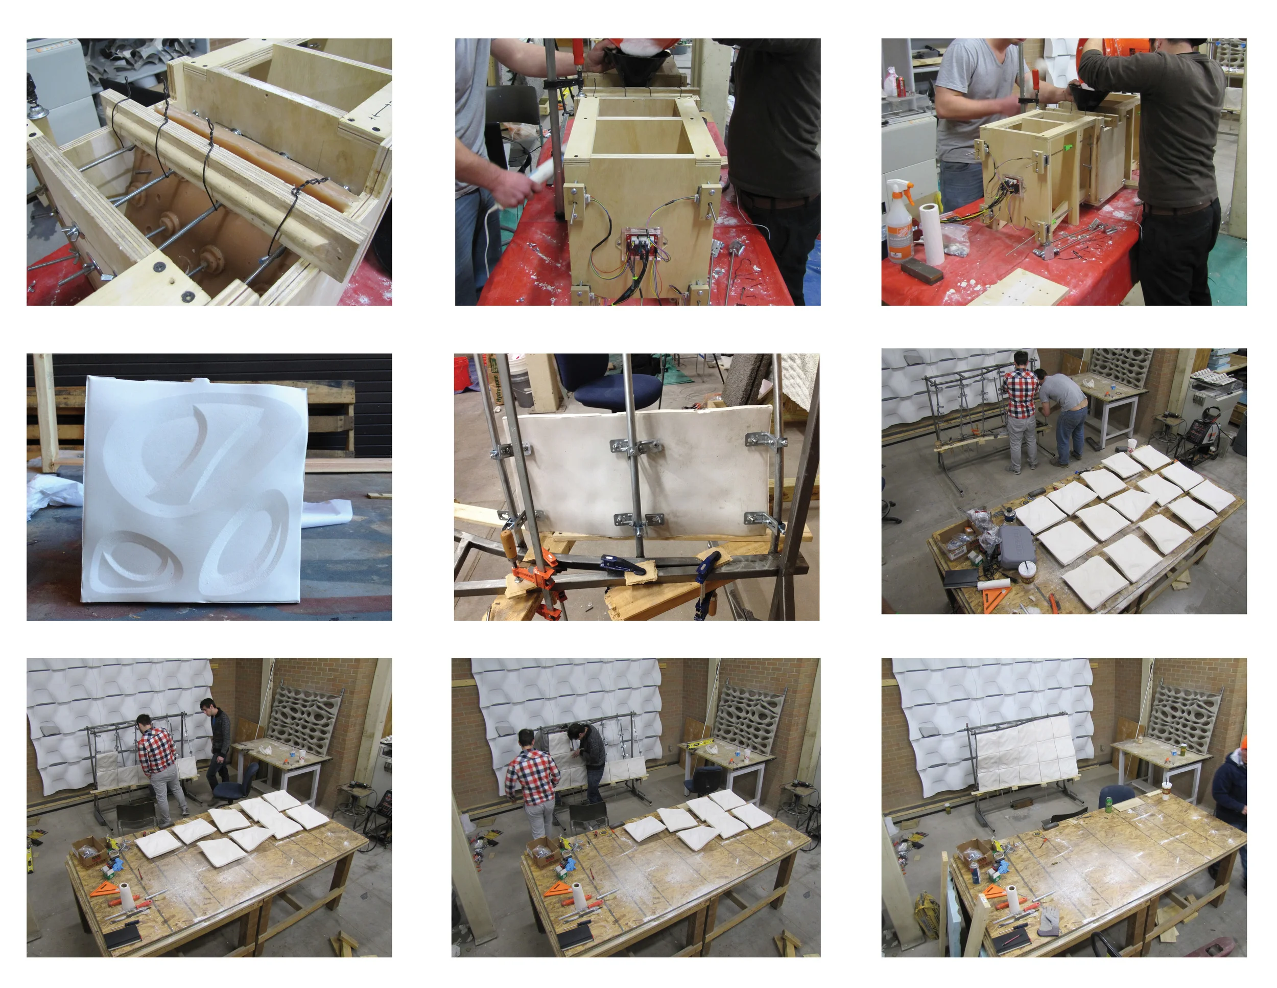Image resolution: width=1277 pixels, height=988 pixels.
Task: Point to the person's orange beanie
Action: (x=1243, y=742)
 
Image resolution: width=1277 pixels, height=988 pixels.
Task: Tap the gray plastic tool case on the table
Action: (x=1016, y=545)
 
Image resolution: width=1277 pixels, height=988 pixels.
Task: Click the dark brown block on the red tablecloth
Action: (x=922, y=270)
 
